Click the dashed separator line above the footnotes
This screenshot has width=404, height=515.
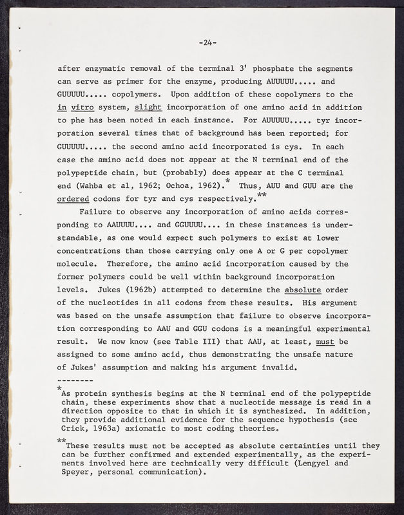(x=78, y=381)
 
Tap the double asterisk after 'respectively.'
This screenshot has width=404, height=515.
(x=261, y=195)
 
